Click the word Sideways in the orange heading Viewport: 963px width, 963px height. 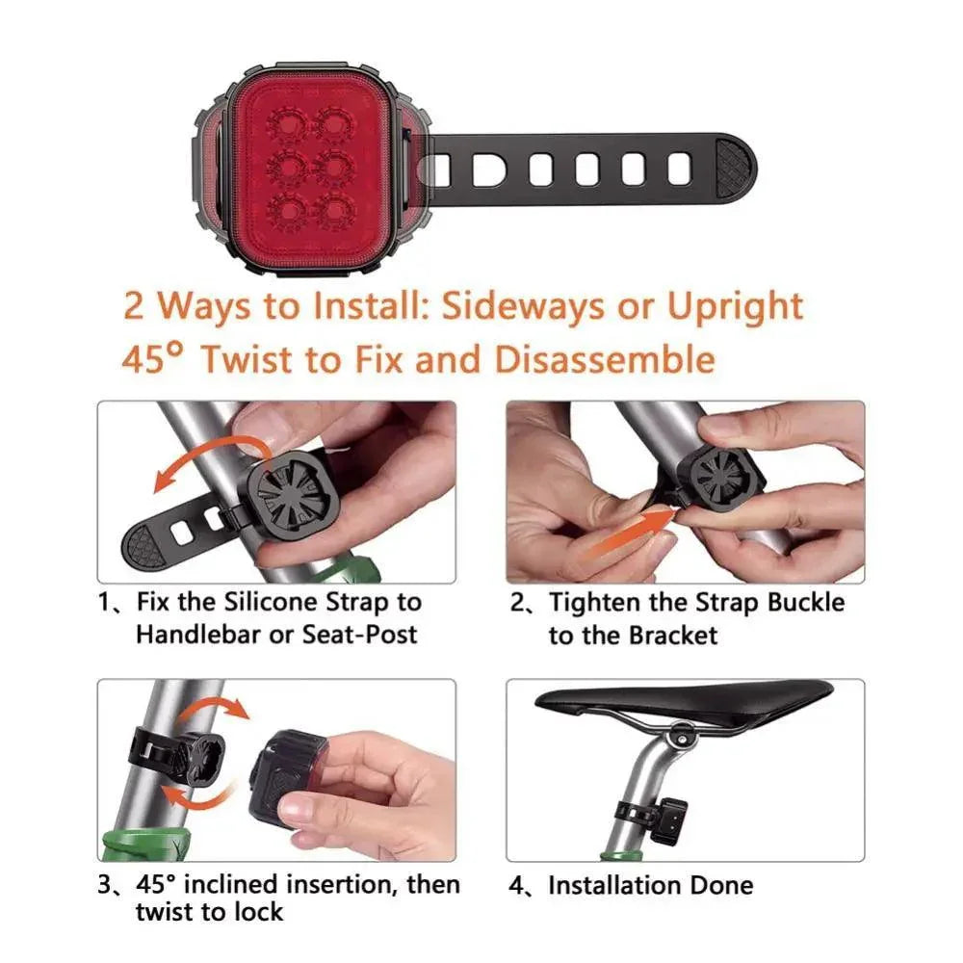[x=522, y=305]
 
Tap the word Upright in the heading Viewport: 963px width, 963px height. [x=735, y=306]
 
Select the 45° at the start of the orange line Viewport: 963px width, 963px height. [x=152, y=358]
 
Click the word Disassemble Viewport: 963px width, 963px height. [x=605, y=358]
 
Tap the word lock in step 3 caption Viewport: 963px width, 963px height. [x=257, y=912]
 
